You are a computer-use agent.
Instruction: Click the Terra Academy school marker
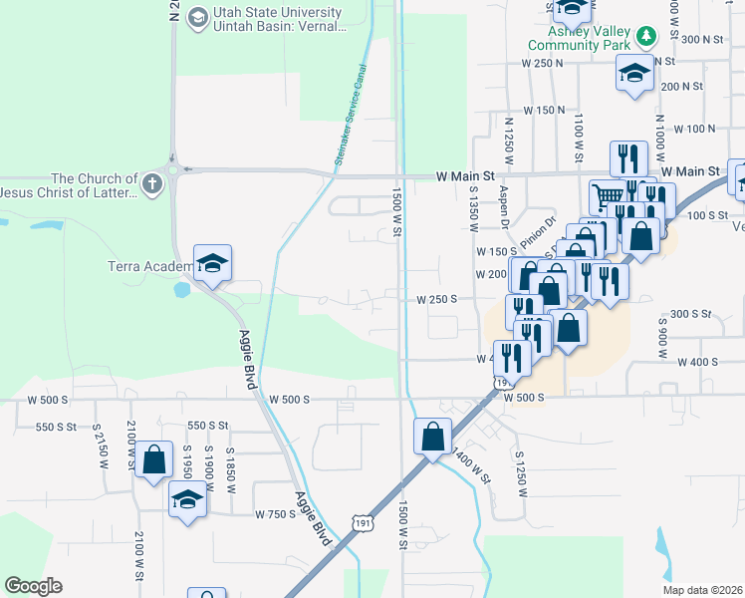213,264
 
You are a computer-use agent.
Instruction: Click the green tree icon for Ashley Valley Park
648,37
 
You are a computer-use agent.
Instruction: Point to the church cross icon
151,183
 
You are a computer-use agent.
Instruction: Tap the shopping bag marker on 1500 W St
433,437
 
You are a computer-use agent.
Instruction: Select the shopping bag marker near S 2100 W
154,460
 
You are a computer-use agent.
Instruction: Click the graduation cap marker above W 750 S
186,498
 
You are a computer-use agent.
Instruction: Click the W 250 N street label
543,63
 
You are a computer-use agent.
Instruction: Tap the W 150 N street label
544,110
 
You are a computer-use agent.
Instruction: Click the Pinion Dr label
535,230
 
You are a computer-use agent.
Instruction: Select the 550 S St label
56,427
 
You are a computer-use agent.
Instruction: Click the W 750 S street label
275,514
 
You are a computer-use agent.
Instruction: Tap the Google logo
33,585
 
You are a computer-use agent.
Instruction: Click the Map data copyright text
703,590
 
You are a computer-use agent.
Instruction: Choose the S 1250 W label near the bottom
519,468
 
